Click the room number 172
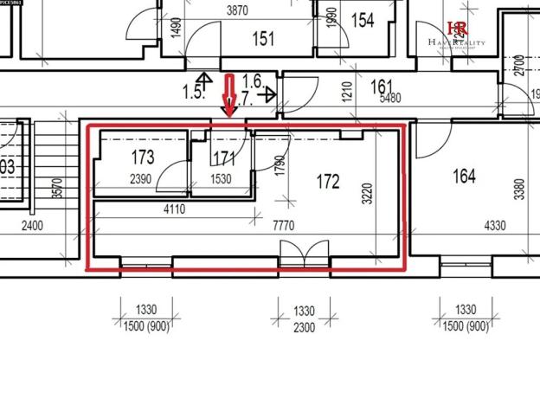[x=328, y=182]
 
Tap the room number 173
[x=143, y=157]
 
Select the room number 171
[x=223, y=157]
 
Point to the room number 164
[x=464, y=177]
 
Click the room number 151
[x=263, y=38]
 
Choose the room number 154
[x=363, y=20]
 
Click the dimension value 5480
[x=391, y=98]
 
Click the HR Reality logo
[x=458, y=35]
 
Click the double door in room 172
[x=304, y=254]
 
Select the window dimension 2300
[x=304, y=327]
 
